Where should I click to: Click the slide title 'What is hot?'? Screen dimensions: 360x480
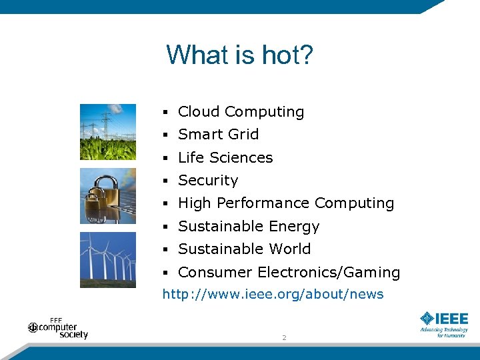tap(239, 55)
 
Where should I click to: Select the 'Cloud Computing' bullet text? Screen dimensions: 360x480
tap(241, 112)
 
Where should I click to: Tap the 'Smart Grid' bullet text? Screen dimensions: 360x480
tap(218, 135)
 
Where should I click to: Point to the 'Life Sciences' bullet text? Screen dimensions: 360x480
tap(225, 157)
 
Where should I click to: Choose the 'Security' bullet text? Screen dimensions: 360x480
tap(208, 181)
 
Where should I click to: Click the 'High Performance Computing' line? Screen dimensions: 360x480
tap(286, 203)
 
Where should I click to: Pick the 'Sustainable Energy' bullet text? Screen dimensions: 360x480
tap(249, 227)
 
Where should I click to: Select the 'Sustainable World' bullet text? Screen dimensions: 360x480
tap(244, 249)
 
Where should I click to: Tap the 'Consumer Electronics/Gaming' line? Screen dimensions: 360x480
tap(289, 273)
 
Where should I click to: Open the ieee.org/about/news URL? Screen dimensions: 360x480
tap(273, 294)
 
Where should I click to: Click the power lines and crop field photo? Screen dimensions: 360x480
tap(107, 131)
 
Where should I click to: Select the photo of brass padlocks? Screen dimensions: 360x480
tap(107, 196)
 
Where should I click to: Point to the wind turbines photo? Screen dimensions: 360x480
tap(107, 259)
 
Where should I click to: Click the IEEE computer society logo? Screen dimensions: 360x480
tap(59, 328)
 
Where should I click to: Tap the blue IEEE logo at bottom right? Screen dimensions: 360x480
tap(444, 319)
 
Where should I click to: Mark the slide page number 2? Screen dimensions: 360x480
tap(284, 338)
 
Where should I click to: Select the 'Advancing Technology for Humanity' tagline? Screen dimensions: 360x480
tap(444, 332)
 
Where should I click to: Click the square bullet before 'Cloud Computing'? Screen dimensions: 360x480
tap(165, 113)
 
